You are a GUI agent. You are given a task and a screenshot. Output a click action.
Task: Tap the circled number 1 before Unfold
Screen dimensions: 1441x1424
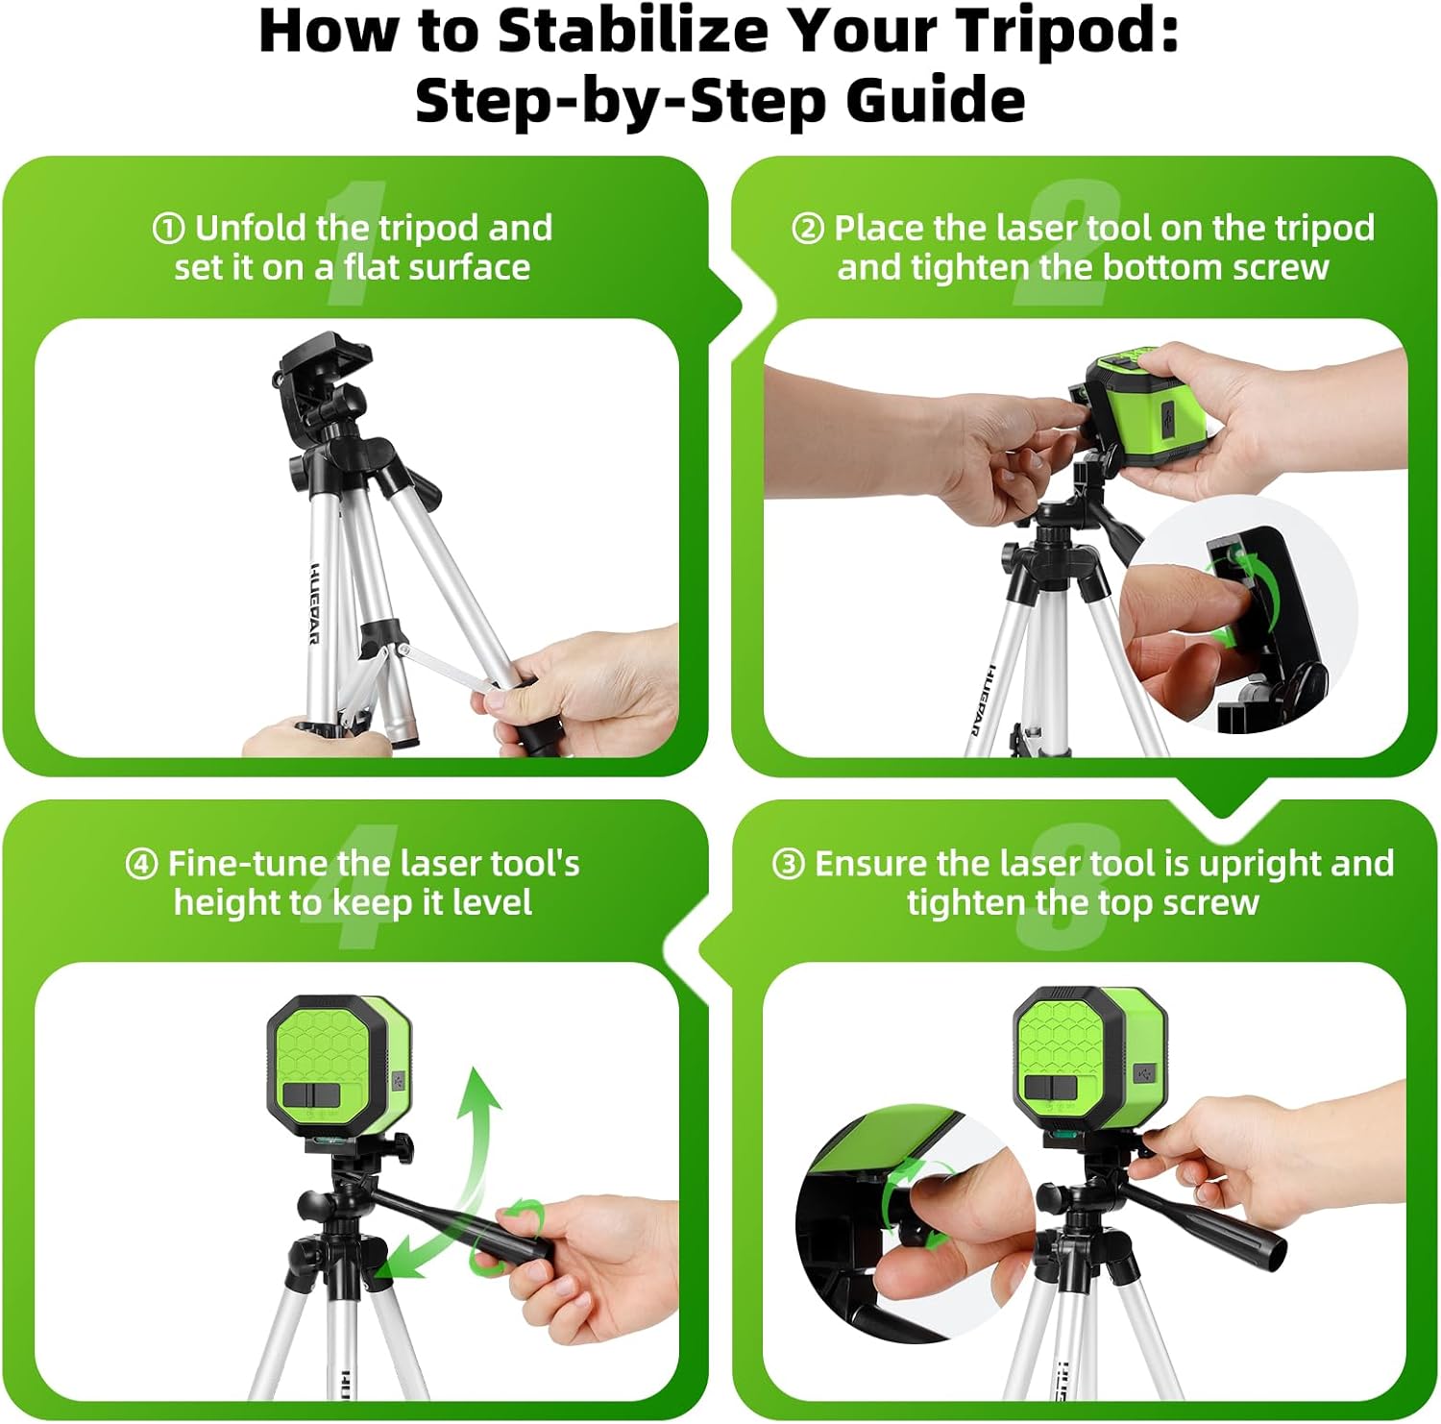tap(168, 229)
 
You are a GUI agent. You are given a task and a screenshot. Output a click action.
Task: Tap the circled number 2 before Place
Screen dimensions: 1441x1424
tap(808, 229)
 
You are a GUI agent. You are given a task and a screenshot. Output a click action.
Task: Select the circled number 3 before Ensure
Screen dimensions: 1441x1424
tap(788, 864)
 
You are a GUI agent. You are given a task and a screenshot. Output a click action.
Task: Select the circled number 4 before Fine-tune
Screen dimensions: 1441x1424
tap(141, 864)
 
